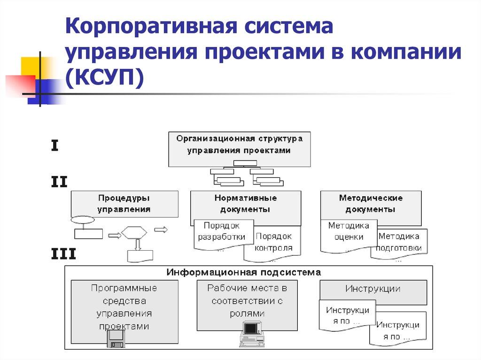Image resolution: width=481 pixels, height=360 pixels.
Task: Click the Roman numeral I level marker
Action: pos(54,146)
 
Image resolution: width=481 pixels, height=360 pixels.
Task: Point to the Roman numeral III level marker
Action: pos(63,254)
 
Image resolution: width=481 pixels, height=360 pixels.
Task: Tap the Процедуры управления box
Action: pos(124,204)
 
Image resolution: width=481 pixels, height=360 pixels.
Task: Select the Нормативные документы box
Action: pos(246,204)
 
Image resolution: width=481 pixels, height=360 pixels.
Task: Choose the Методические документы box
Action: pos(371,204)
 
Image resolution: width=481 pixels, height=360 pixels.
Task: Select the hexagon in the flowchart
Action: pos(134,232)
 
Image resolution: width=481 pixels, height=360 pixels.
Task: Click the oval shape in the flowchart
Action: pos(82,220)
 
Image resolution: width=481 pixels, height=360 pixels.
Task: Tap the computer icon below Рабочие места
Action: pos(252,333)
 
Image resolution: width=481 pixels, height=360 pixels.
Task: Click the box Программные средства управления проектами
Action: pos(124,307)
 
